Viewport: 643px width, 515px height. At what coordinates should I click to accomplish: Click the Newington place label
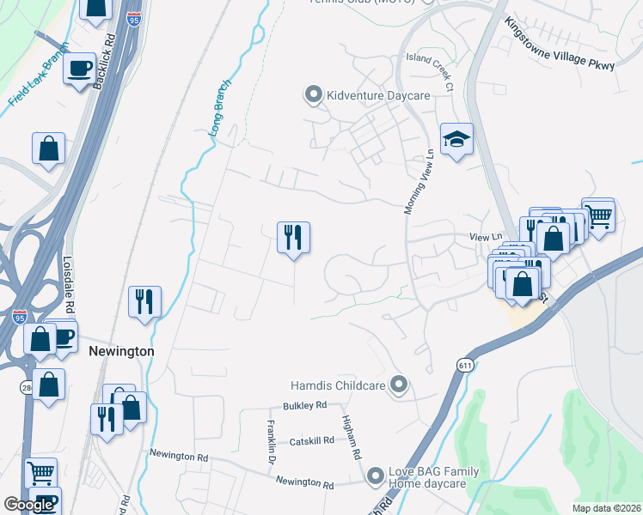121,351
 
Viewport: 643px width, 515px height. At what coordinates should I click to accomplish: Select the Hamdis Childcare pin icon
398,385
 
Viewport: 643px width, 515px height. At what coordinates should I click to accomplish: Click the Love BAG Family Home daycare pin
375,475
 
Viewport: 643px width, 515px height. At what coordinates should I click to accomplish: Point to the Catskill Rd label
310,440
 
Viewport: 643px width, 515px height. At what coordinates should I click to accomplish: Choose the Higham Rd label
351,443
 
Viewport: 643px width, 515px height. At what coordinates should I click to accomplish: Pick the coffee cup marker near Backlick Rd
81,68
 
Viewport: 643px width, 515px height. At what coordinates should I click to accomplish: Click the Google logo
28,505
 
